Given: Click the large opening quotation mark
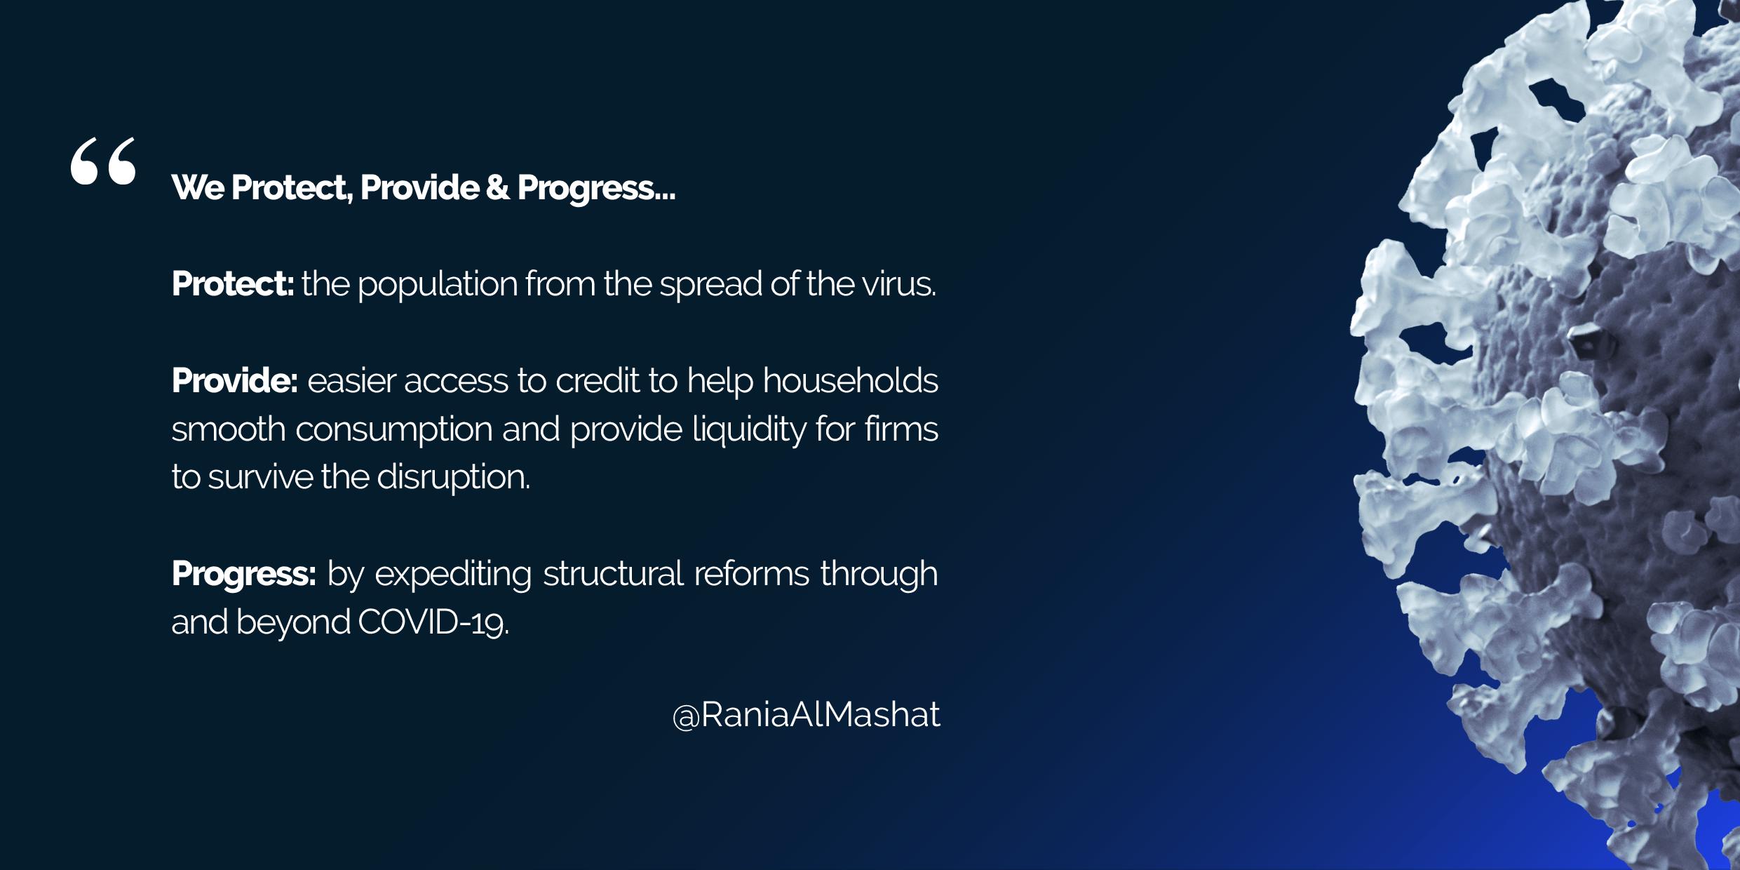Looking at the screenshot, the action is click(x=103, y=161).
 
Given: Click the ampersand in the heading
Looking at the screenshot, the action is click(x=498, y=187).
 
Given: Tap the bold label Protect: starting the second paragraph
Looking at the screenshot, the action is click(x=233, y=283).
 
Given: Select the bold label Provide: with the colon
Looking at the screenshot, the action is click(x=235, y=380).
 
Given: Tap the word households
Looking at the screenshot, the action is click(x=851, y=380).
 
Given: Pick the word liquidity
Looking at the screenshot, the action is click(x=749, y=430).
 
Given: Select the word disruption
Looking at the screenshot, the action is click(x=454, y=478).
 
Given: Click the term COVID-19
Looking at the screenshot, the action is click(x=433, y=622).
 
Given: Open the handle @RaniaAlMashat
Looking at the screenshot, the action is click(x=807, y=714).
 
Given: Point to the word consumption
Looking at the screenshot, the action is click(x=394, y=430).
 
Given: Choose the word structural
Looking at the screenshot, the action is click(x=613, y=574).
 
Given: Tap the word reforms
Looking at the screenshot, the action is click(x=753, y=574).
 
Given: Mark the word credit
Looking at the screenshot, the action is click(x=598, y=380).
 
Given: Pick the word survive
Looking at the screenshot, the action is click(x=261, y=478).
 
